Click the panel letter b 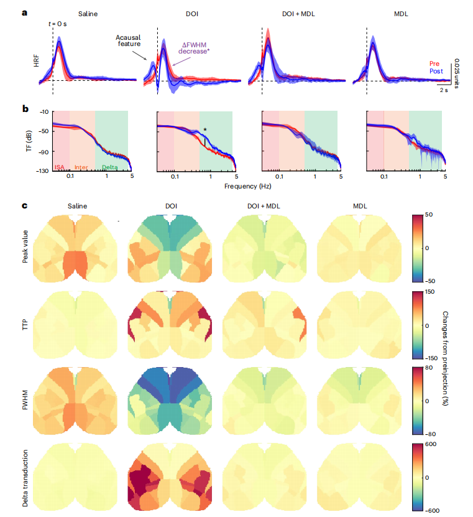pos(25,108)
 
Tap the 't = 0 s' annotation pos(60,24)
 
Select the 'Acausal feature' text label pos(129,40)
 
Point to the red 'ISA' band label pos(60,167)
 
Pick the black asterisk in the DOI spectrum pos(204,130)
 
